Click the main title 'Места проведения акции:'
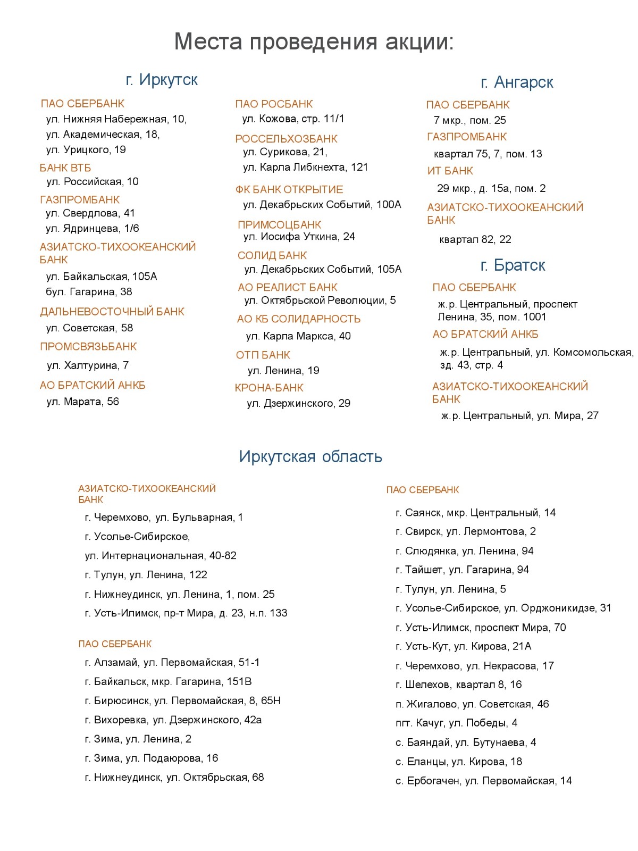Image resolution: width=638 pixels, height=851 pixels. (314, 41)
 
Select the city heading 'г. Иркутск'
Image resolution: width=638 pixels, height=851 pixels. (162, 80)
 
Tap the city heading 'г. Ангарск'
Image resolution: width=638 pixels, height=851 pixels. (517, 82)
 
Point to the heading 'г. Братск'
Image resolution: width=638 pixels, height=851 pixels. (513, 265)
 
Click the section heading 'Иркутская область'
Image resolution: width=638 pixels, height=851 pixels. (310, 456)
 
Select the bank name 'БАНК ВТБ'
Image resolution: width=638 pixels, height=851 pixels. (65, 168)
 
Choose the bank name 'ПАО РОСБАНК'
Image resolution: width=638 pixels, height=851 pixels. (274, 104)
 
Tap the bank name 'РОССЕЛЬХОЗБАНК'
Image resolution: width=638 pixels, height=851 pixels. (286, 139)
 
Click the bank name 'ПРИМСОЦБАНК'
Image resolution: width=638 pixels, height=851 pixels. (279, 224)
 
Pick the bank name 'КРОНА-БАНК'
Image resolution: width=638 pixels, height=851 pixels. (269, 388)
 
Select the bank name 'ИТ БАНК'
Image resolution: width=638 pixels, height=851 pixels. (450, 171)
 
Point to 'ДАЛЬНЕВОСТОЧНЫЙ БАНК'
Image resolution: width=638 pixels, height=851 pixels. (112, 312)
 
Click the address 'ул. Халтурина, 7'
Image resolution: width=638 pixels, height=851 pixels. (88, 365)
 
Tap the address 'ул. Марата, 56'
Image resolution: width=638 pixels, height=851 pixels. (82, 402)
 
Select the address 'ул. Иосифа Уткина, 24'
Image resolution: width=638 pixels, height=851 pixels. (299, 237)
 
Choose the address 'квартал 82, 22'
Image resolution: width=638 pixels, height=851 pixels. (475, 239)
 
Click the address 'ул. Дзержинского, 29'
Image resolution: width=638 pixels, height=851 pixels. (298, 403)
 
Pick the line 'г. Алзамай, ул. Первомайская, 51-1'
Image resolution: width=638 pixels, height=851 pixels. (172, 662)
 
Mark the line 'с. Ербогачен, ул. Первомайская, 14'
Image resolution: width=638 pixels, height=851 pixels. (483, 781)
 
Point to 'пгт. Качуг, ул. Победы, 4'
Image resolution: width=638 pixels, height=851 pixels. (456, 723)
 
